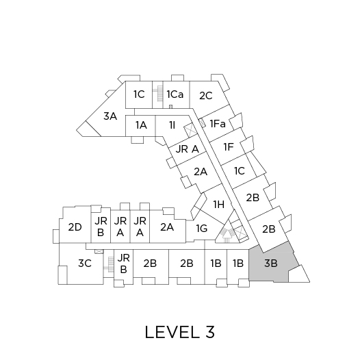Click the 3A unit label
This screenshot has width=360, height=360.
[x=110, y=116]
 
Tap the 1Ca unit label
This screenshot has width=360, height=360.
[x=175, y=94]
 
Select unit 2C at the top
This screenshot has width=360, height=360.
[x=206, y=96]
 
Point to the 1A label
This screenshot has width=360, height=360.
[x=141, y=125]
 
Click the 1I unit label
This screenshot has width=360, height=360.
[x=172, y=125]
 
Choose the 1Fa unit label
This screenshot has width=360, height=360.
[x=218, y=124]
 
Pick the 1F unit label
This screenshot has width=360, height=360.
[x=229, y=147]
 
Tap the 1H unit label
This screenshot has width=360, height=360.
[x=219, y=205]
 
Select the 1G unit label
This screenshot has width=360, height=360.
[x=202, y=229]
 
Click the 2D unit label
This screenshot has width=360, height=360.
[x=75, y=227]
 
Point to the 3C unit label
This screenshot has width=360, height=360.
[x=85, y=263]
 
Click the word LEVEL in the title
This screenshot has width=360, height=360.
[x=172, y=332]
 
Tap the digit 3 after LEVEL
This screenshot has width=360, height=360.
[x=210, y=332]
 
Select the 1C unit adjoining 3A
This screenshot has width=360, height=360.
[x=139, y=94]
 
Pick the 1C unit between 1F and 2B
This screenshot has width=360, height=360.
[x=239, y=171]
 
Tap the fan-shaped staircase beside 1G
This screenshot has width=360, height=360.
[x=227, y=235]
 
